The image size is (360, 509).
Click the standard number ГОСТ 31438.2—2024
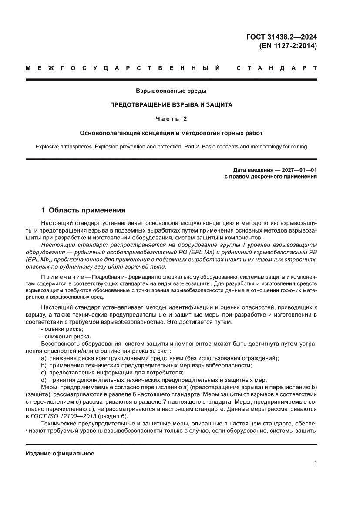tap(282, 37)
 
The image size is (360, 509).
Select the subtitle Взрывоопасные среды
tap(171, 91)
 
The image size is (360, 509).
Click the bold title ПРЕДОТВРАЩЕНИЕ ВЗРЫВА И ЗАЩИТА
tap(171, 105)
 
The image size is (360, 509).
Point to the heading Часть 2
tap(171, 118)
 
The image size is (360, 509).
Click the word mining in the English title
tap(298, 147)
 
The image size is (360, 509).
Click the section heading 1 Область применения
tap(86, 210)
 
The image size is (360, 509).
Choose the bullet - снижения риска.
tap(60, 337)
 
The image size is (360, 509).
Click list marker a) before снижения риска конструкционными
tap(43, 358)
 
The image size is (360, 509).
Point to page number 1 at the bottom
tap(315, 463)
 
